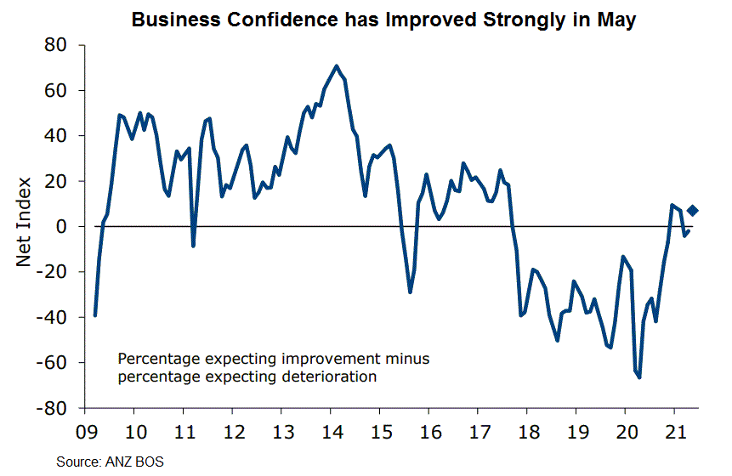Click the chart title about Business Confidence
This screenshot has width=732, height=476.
tap(383, 20)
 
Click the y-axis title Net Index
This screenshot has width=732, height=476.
tap(25, 221)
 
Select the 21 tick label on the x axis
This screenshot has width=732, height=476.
tap(674, 428)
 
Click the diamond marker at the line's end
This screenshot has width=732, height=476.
tap(693, 211)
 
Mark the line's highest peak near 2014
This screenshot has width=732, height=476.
tap(337, 65)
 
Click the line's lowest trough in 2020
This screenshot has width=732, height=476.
tap(639, 377)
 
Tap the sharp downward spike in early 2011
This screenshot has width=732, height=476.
tap(194, 246)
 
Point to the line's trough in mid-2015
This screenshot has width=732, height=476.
tap(410, 292)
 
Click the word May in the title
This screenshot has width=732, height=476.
tap(617, 20)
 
